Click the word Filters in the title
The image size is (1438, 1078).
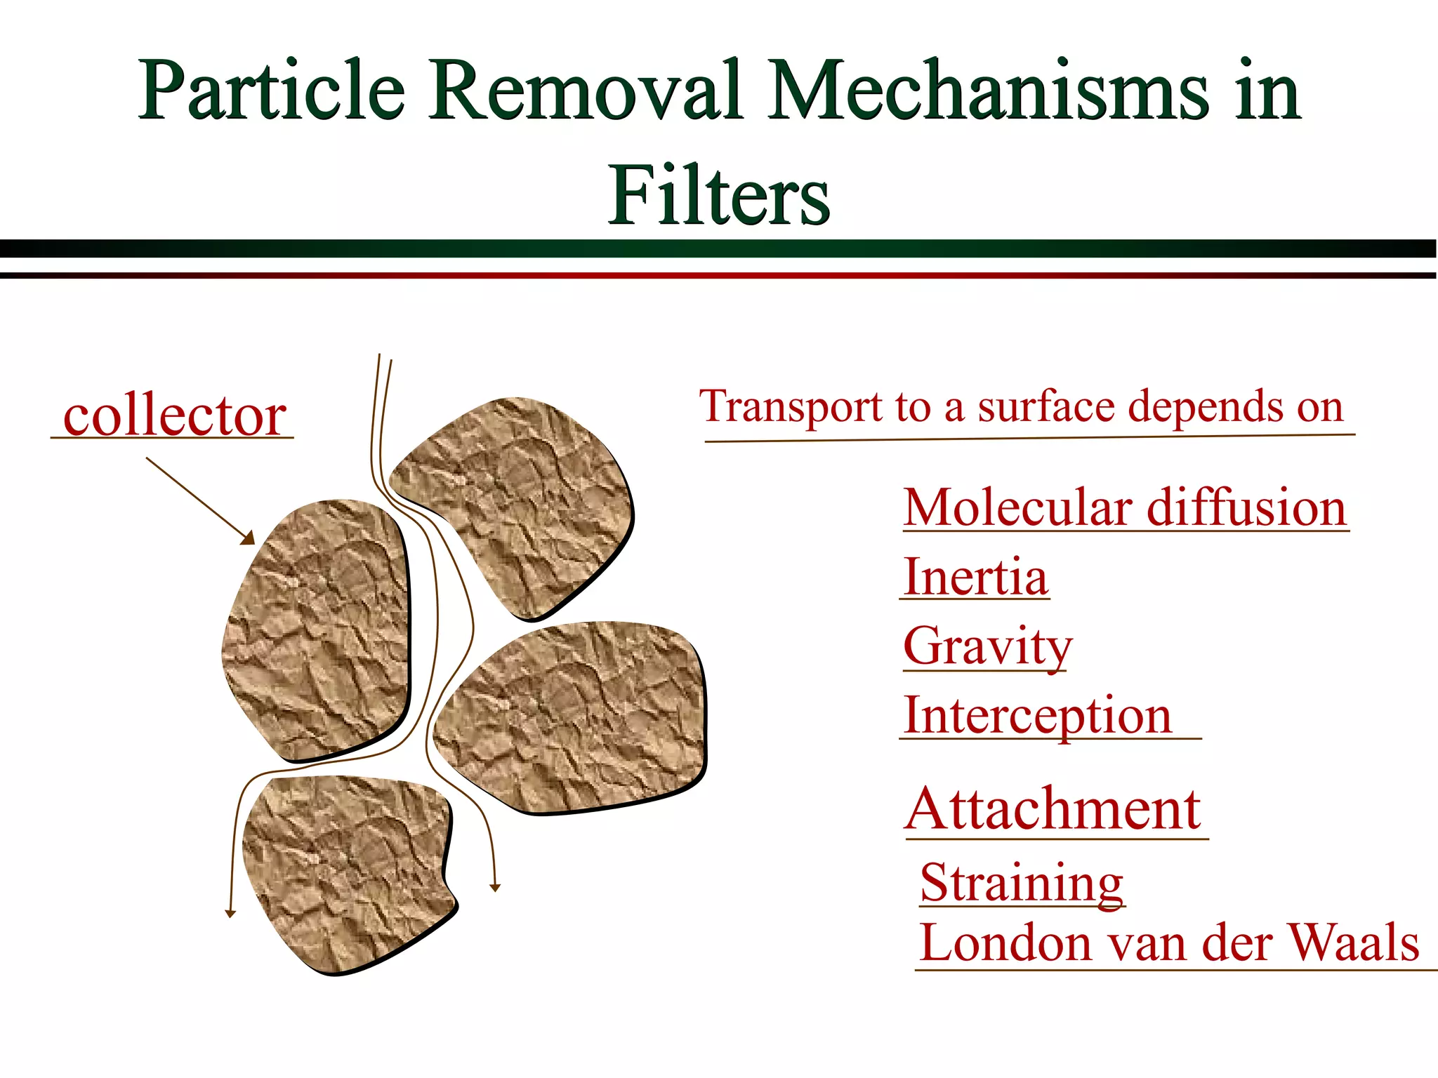click(x=719, y=195)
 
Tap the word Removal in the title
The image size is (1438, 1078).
click(x=586, y=91)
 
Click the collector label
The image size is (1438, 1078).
click(x=174, y=415)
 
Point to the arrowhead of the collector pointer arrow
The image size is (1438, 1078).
click(x=248, y=538)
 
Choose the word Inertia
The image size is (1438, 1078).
click(x=975, y=577)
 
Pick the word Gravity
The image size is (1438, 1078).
click(x=987, y=647)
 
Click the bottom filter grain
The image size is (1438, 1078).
click(x=348, y=870)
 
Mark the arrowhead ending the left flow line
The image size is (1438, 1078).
click(x=230, y=914)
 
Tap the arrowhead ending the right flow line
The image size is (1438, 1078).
click(x=495, y=888)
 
